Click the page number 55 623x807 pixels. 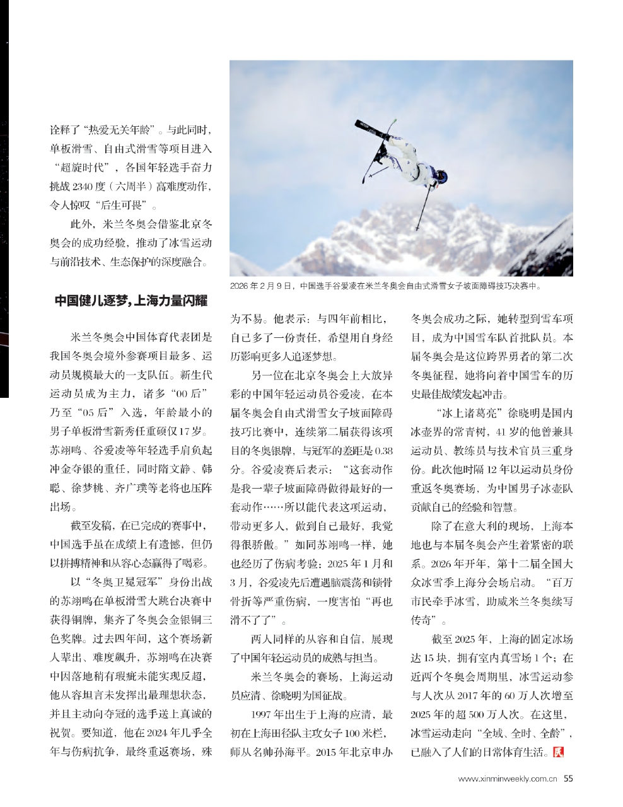click(x=568, y=779)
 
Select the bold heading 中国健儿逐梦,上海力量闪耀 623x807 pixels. click(x=131, y=300)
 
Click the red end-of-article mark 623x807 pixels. click(x=557, y=752)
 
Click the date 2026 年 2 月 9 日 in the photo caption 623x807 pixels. click(x=262, y=286)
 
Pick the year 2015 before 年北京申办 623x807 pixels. click(x=327, y=753)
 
